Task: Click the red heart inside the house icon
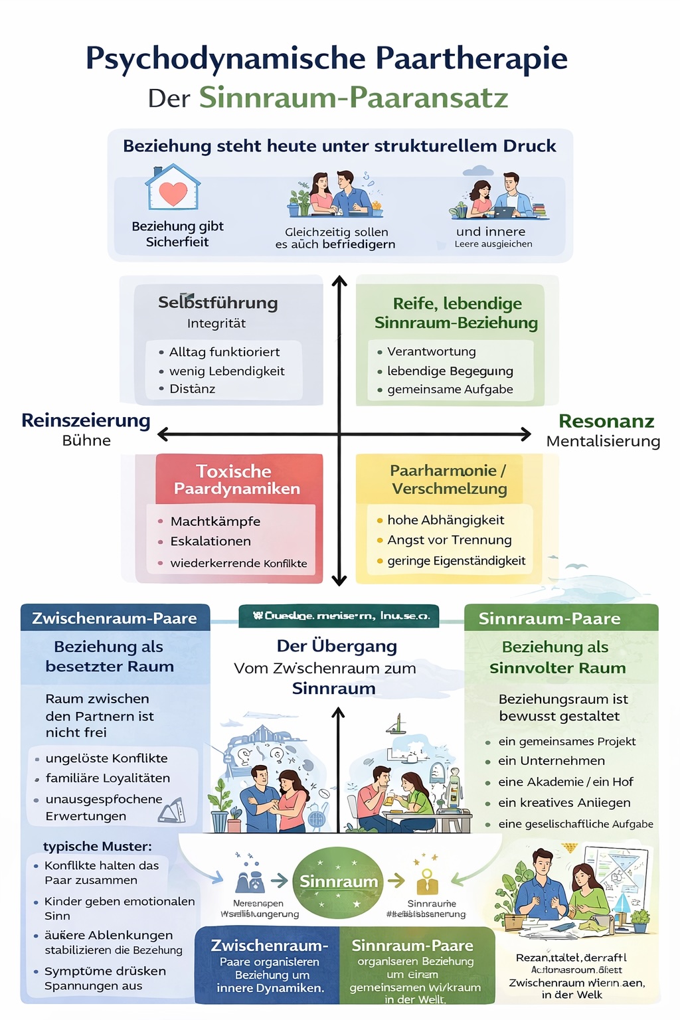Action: click(173, 193)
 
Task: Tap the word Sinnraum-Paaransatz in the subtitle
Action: click(353, 98)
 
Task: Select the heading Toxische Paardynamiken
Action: click(236, 480)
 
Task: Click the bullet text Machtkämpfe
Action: click(215, 521)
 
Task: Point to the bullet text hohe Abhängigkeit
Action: click(446, 520)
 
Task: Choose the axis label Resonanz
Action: click(606, 421)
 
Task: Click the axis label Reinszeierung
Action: click(86, 420)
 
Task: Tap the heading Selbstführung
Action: click(218, 303)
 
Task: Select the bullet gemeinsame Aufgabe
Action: click(450, 389)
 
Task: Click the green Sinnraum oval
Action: click(338, 881)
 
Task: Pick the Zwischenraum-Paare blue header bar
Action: click(115, 618)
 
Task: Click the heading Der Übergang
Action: click(337, 646)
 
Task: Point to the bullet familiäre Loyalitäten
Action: click(108, 778)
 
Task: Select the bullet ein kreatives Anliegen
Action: click(564, 802)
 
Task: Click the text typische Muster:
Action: click(98, 846)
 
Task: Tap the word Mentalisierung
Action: click(603, 442)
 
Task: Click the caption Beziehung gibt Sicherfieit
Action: click(177, 234)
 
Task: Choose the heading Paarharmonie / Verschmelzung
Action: click(449, 479)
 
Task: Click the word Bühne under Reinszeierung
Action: click(86, 441)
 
